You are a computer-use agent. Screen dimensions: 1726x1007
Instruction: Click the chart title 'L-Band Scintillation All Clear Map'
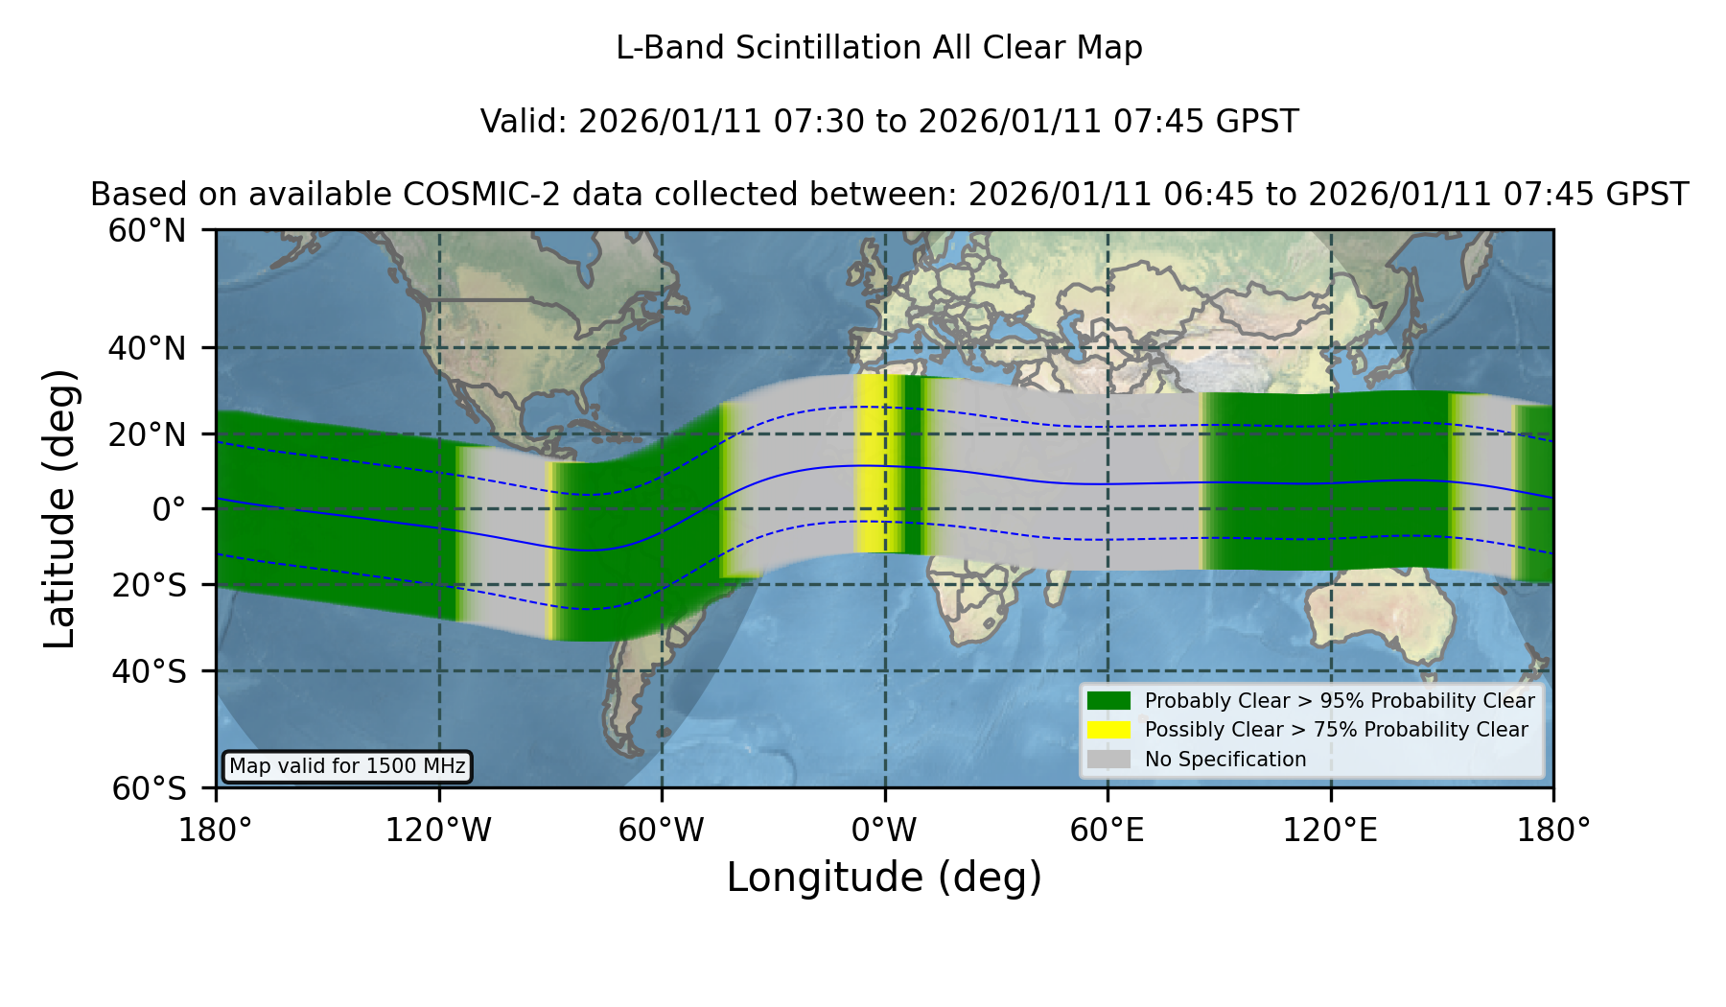coord(878,48)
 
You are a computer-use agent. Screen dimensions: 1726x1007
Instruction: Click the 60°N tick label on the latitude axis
coord(147,230)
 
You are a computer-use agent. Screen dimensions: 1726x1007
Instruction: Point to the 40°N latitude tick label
coord(147,348)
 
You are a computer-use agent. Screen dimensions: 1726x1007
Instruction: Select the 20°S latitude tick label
coord(149,585)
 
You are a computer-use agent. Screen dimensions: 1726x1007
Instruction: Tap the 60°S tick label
coord(149,788)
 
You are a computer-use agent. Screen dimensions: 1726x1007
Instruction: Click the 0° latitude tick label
coord(169,509)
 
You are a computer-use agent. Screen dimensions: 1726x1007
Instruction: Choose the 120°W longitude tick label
coord(438,830)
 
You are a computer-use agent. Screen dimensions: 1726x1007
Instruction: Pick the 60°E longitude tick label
coord(1108,830)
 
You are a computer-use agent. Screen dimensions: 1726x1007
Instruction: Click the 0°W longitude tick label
coord(885,830)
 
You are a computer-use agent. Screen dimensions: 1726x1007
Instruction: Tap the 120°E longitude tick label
coord(1330,830)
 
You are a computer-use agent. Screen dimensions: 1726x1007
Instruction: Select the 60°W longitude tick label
coord(662,830)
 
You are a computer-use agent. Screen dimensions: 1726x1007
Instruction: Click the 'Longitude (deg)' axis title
coord(884,878)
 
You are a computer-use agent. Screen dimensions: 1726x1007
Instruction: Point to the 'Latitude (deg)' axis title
coord(59,508)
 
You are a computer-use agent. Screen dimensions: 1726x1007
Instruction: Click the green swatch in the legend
coord(1109,701)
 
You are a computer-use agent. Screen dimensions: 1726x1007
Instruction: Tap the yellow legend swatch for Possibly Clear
coord(1109,730)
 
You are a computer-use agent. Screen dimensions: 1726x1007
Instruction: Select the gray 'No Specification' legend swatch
coord(1109,760)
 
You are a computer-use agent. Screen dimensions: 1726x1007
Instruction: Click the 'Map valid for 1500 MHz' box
coord(347,766)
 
